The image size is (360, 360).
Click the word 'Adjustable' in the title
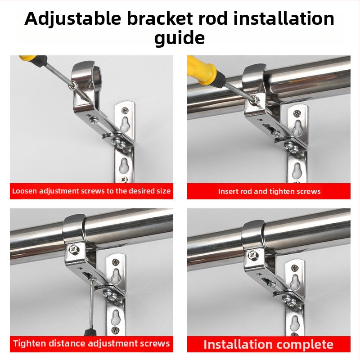72,19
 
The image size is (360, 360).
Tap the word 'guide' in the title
180,38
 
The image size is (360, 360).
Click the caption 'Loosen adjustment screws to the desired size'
91,191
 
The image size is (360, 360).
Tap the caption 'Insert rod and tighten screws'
269,191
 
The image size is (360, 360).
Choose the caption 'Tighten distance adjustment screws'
91,343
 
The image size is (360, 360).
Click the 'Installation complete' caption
268,344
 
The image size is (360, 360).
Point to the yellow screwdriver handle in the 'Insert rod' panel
201,69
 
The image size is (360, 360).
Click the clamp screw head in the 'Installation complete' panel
253,254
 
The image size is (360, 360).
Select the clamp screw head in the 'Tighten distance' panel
74,249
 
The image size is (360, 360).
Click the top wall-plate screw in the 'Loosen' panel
125,110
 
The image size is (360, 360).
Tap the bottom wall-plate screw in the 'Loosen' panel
123,179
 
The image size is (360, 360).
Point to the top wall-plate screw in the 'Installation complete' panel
295,268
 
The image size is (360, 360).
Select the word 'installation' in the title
284,18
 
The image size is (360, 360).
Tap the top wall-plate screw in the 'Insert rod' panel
297,113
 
